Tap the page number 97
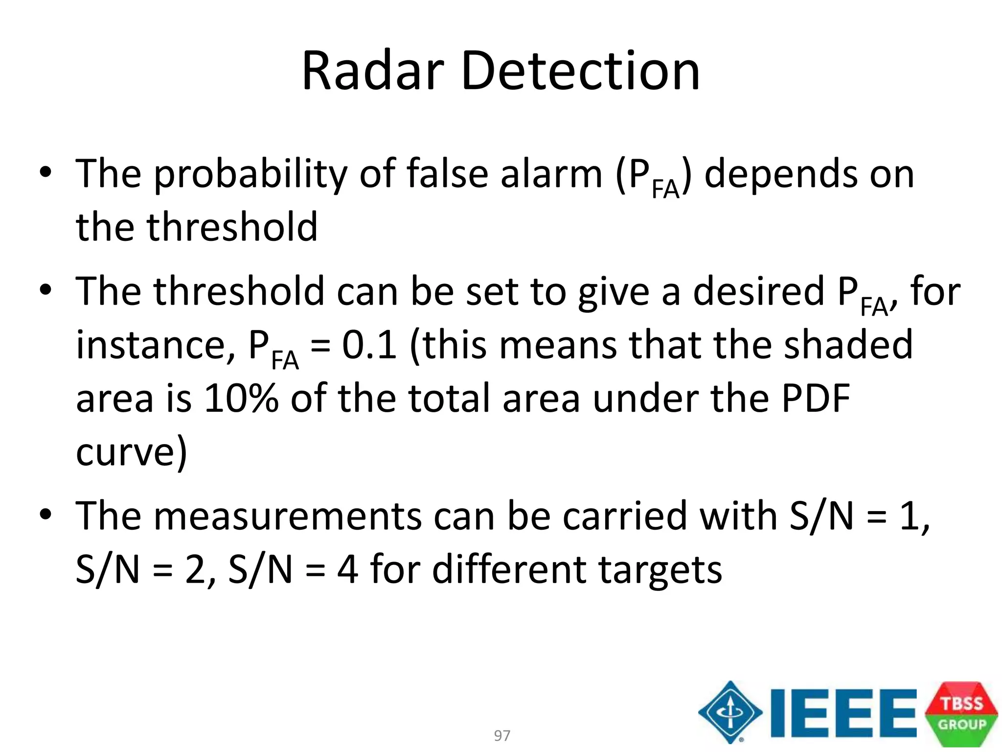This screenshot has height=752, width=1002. (502, 735)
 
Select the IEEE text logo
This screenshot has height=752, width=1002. (843, 713)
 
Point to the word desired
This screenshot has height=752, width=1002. (758, 292)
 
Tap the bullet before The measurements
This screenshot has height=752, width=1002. (46, 515)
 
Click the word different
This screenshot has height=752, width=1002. (509, 569)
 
